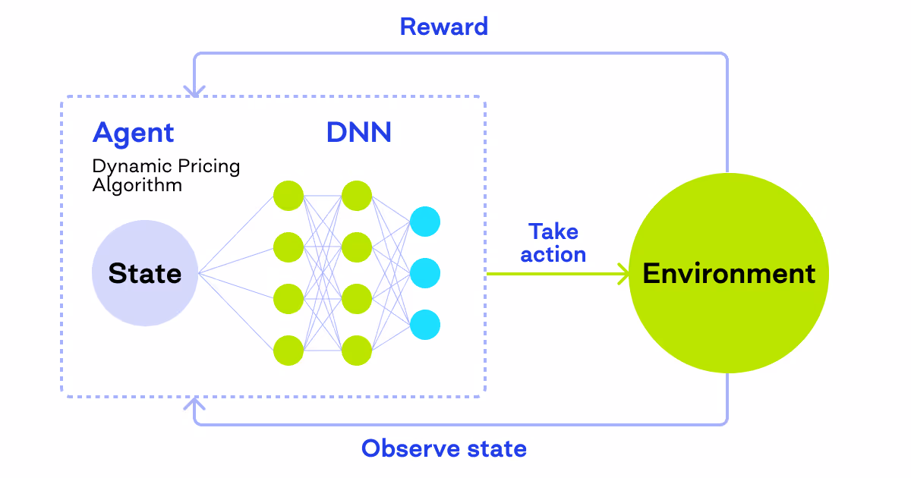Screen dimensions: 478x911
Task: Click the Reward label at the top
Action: click(x=443, y=27)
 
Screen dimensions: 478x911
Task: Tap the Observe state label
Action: click(x=443, y=448)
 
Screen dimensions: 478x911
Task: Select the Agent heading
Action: click(x=133, y=133)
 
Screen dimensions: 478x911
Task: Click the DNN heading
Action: click(x=359, y=133)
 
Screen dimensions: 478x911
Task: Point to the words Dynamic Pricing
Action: click(x=165, y=166)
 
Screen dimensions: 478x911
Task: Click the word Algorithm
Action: click(x=137, y=184)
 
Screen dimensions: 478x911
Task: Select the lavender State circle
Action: click(x=144, y=273)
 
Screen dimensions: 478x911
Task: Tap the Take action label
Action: click(x=553, y=243)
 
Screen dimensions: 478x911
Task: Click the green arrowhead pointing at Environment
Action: click(x=624, y=273)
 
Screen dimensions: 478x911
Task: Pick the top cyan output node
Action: click(x=425, y=222)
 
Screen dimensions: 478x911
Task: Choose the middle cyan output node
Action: click(x=425, y=273)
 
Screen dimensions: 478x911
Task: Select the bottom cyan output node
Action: click(x=425, y=324)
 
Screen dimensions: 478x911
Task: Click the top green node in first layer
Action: click(x=288, y=195)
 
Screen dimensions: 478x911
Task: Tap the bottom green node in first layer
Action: click(x=288, y=350)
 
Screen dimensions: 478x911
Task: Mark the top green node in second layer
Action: click(x=357, y=195)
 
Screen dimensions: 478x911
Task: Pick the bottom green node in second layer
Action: click(x=357, y=350)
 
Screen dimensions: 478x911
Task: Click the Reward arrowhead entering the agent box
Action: click(x=196, y=91)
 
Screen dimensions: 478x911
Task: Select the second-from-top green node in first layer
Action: click(x=288, y=247)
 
